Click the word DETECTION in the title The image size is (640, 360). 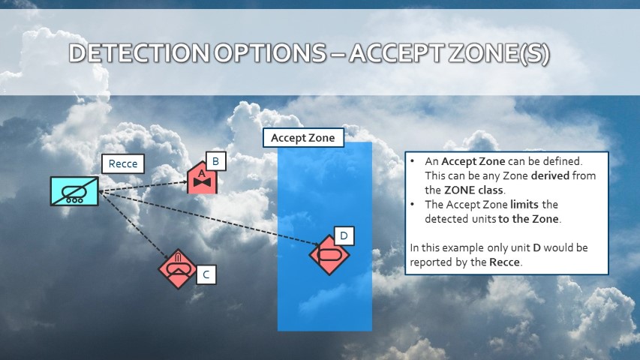[139, 53]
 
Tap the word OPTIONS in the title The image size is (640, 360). [270, 53]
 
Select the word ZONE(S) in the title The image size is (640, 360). [499, 53]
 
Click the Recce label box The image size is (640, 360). [123, 163]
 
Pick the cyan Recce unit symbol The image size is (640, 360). [74, 191]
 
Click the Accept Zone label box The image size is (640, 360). [303, 137]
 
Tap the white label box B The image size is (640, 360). [216, 161]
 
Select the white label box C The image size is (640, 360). [206, 274]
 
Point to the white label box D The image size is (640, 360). [344, 235]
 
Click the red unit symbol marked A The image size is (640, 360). [202, 178]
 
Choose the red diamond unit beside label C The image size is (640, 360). [178, 269]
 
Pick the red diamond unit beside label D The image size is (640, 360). [329, 255]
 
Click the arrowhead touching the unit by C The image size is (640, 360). [166, 256]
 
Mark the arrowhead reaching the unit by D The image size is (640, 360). [316, 244]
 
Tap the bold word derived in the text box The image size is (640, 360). [550, 175]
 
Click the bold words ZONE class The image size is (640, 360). [474, 190]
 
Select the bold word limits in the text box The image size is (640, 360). [524, 204]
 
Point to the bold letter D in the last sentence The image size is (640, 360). [536, 247]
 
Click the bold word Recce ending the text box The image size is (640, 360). [504, 262]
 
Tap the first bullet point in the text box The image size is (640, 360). [412, 161]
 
